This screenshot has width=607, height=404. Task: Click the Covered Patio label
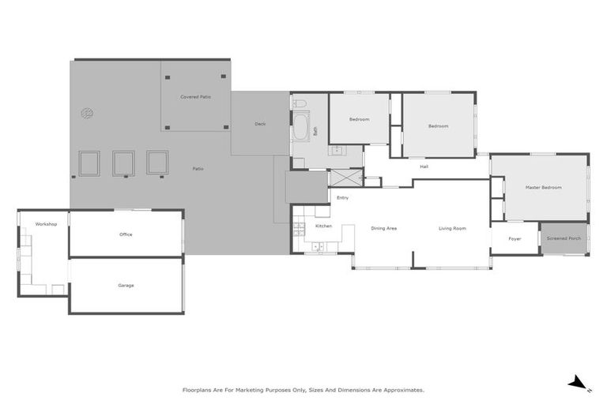click(195, 96)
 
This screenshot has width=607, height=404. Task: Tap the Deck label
click(260, 124)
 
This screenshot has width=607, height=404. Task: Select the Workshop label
click(46, 224)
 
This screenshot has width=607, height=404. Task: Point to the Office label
click(126, 234)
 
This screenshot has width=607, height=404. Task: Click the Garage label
click(126, 286)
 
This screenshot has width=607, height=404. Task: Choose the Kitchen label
click(323, 226)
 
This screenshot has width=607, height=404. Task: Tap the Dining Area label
click(383, 228)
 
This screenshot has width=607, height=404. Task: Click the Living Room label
click(452, 228)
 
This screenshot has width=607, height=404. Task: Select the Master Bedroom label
click(543, 187)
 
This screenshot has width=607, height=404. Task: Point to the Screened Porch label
click(564, 238)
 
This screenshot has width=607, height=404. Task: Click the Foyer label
click(515, 238)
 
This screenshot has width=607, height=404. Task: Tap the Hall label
click(424, 166)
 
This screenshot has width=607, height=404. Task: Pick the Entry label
click(342, 197)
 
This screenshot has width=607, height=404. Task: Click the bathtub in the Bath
click(300, 126)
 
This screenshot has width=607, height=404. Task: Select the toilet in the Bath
click(300, 103)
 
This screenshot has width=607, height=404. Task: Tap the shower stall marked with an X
click(345, 178)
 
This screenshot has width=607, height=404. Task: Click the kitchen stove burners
click(299, 230)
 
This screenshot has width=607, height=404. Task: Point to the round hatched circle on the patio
click(87, 114)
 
